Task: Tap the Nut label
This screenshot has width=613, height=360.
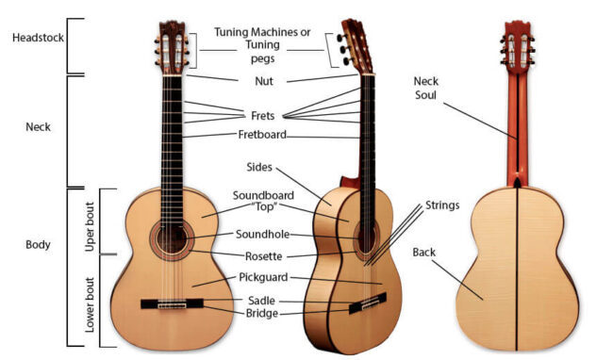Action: click(x=263, y=81)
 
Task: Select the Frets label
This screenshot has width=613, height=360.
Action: click(x=263, y=116)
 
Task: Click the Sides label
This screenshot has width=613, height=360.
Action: click(x=259, y=167)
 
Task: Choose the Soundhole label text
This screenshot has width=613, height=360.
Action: click(x=261, y=235)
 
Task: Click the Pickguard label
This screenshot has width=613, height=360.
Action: click(x=262, y=278)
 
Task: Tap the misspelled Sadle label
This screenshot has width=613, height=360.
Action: click(x=261, y=300)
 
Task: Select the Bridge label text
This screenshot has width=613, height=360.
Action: click(x=261, y=313)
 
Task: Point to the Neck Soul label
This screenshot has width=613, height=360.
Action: click(x=426, y=88)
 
